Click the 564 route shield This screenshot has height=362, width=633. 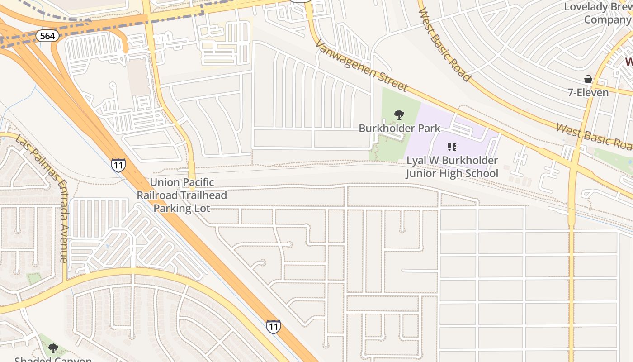click(x=48, y=36)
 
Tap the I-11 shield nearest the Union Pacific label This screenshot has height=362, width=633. click(x=118, y=165)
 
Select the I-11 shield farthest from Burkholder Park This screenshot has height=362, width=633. click(x=273, y=326)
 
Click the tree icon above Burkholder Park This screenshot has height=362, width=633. click(x=399, y=115)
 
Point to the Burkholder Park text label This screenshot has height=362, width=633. click(x=399, y=129)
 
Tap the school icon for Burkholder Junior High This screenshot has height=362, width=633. click(x=452, y=147)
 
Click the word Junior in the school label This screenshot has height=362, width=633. click(x=424, y=173)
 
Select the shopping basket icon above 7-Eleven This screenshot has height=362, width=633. click(x=588, y=80)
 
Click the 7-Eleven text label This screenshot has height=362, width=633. click(x=588, y=93)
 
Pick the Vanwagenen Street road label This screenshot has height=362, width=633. click(x=361, y=66)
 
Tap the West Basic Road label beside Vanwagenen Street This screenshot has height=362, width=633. click(x=445, y=44)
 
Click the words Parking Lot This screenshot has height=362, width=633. click(x=182, y=209)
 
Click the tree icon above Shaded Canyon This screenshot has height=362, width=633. click(x=53, y=348)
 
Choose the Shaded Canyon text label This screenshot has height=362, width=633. click(x=53, y=359)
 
